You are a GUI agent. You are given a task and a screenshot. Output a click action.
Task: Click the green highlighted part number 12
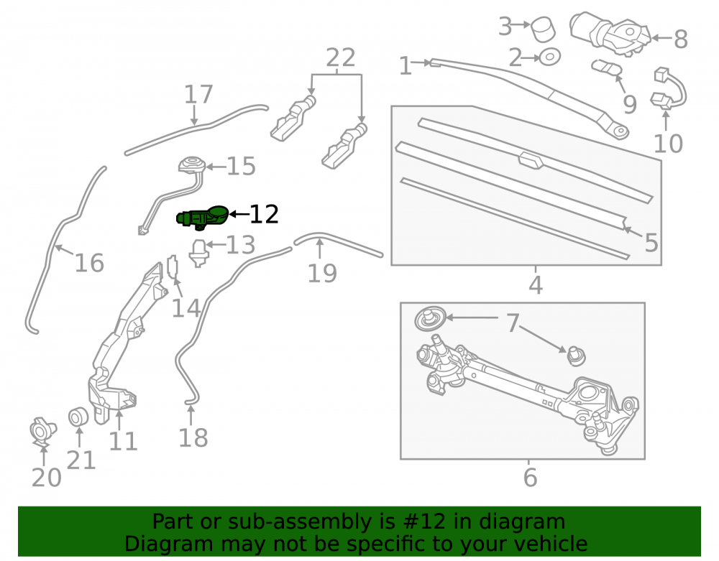coord(203,217)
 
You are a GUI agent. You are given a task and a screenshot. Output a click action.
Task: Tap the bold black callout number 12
coord(264,214)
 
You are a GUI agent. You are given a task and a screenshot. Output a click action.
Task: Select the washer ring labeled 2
coord(550,57)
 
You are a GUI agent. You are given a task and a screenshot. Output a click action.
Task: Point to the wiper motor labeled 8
coord(610,33)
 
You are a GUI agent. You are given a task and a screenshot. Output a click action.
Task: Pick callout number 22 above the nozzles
coord(341,57)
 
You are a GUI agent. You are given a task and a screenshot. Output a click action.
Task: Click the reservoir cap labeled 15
coord(192,165)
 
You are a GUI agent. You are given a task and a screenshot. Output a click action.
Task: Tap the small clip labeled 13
coord(199,253)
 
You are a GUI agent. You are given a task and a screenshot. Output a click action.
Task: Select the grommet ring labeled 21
coord(78,417)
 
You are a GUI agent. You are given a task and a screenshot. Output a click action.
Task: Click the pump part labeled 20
coord(42,431)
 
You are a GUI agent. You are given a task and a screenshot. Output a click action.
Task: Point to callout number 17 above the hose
coord(198,94)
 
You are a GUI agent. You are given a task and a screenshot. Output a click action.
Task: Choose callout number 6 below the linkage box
coord(530,478)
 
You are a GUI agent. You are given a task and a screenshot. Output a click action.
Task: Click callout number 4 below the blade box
coord(536,285)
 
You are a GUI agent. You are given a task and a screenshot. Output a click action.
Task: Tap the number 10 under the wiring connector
coord(668,144)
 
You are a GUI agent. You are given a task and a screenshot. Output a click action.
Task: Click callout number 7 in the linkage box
coord(513,323)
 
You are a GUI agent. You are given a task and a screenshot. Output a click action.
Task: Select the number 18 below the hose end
coord(193,437)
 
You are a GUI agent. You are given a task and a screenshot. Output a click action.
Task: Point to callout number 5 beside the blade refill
coord(651,242)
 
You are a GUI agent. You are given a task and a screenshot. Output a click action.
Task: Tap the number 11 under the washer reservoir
coord(124,442)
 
